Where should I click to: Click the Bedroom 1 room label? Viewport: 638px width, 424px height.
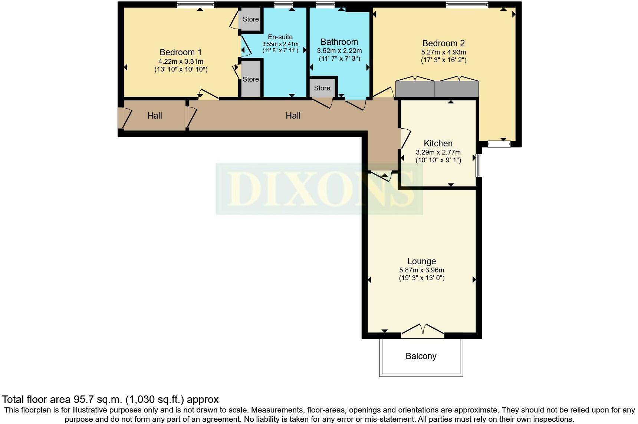(180, 52)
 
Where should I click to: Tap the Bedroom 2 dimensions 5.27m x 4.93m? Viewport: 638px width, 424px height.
(443, 52)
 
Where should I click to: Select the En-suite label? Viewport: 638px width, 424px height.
(280, 37)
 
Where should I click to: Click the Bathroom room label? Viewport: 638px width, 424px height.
(339, 42)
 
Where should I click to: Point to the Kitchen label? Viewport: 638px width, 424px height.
(438, 143)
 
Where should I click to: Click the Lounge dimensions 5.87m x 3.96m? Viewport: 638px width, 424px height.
(421, 270)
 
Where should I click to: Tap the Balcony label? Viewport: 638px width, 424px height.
(421, 356)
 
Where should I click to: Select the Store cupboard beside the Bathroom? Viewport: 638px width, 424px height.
(322, 88)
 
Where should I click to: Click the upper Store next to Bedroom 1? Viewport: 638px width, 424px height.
(250, 19)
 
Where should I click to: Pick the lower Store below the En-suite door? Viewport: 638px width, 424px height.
(250, 79)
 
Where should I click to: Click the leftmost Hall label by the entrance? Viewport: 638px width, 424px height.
(154, 116)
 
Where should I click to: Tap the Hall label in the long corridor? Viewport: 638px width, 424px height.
(293, 116)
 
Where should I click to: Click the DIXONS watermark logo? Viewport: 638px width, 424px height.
(319, 189)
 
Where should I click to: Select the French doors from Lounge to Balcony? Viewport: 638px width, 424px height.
(422, 331)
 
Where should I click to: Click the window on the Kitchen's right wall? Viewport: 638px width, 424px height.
(479, 165)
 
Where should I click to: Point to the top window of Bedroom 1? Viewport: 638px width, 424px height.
(195, 5)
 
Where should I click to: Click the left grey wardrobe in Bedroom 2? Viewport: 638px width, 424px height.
(415, 89)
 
